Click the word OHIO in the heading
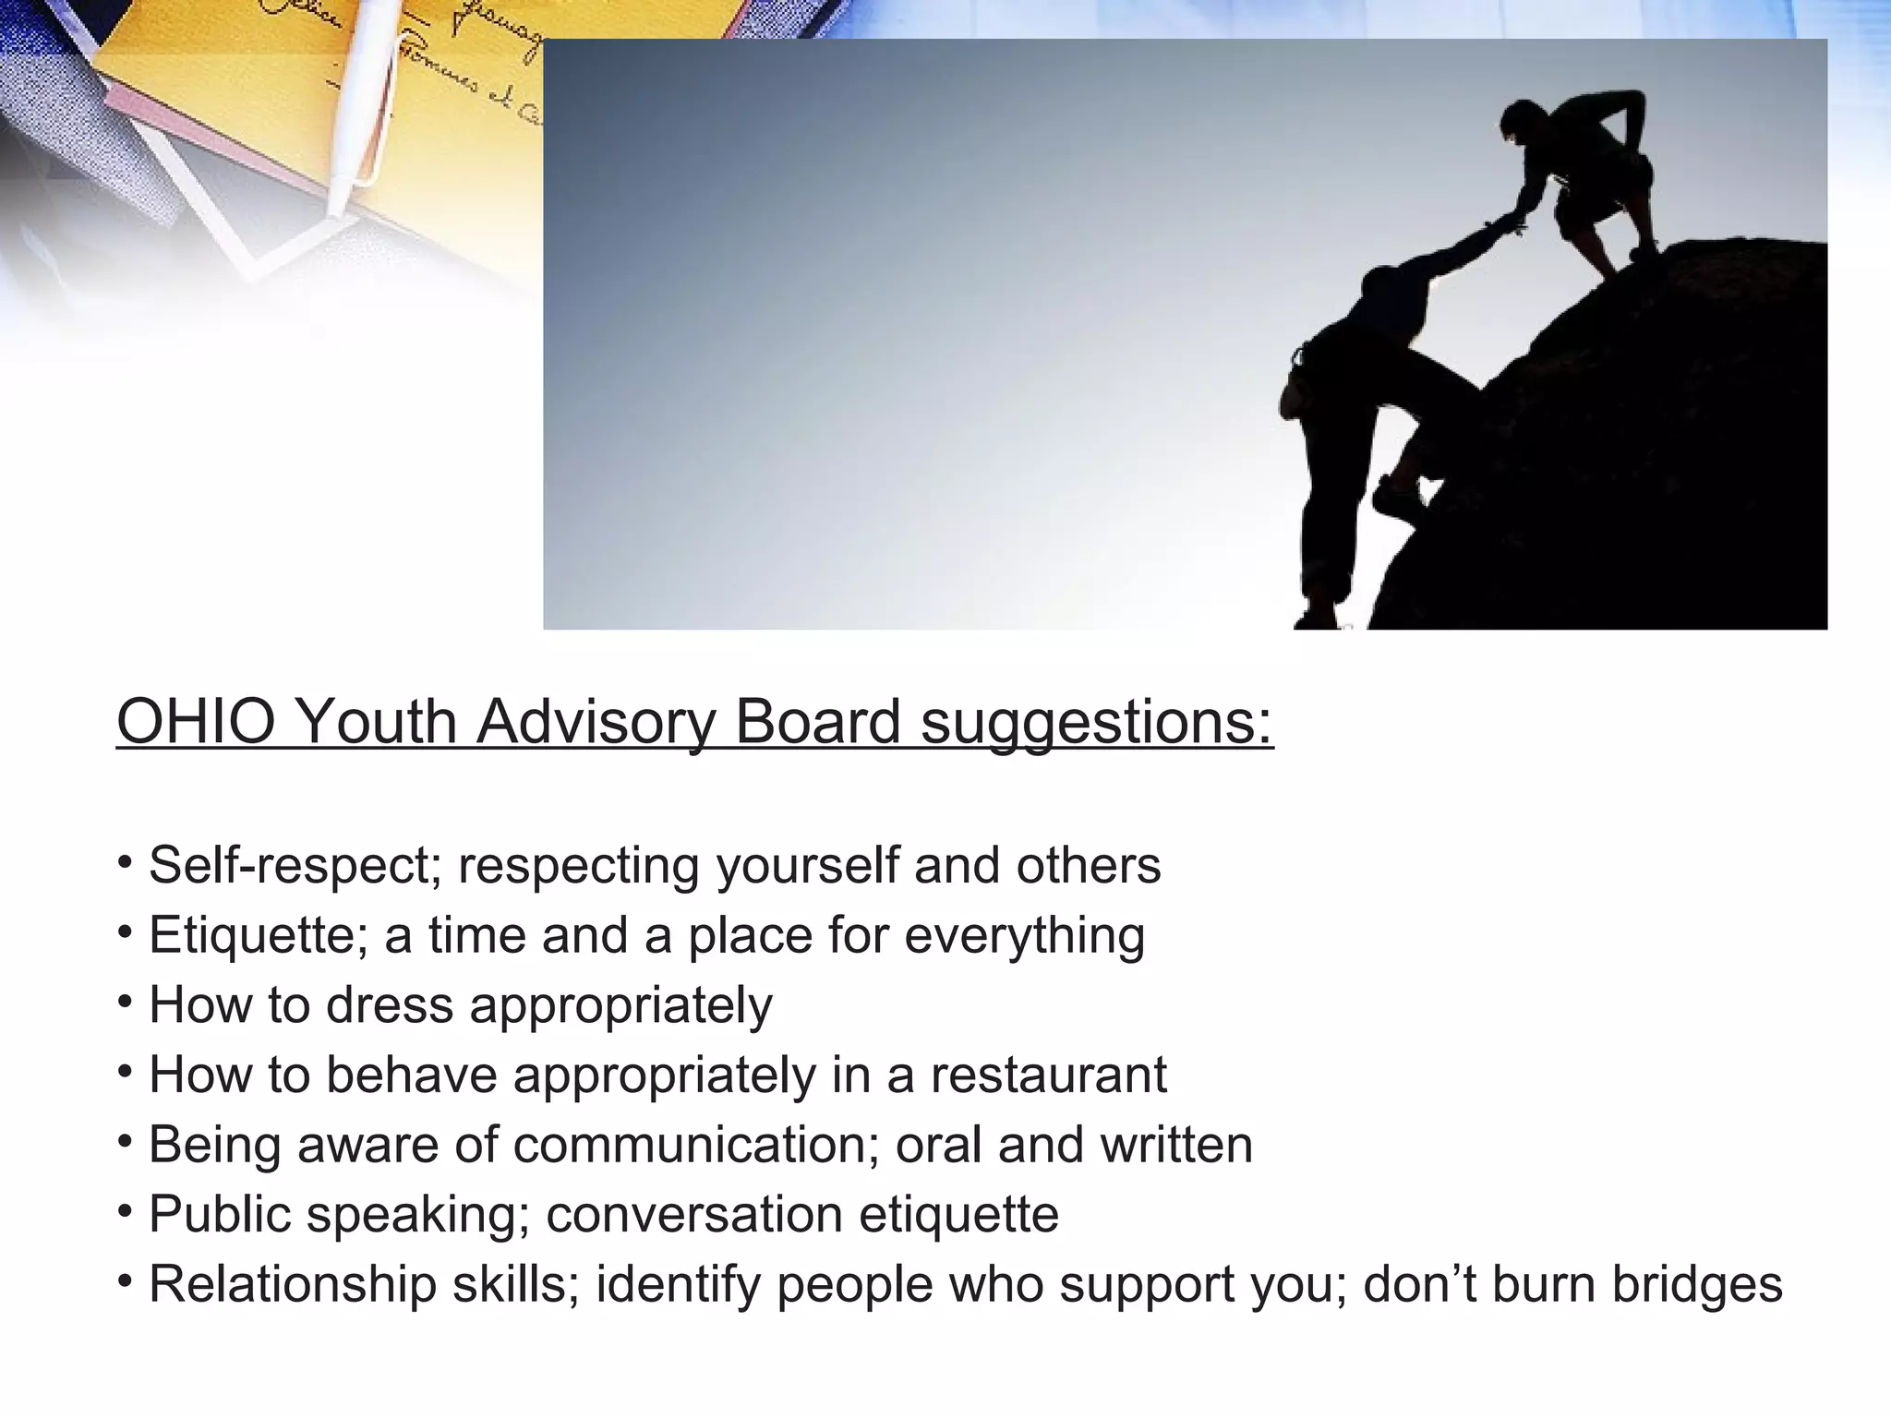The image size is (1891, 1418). pos(196,721)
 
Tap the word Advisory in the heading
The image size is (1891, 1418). pos(596,721)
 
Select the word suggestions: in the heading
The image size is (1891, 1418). pos(1097,723)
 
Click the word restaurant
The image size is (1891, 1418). pos(1048,1075)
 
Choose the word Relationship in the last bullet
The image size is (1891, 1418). pos(292,1284)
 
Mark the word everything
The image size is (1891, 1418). pos(1024,936)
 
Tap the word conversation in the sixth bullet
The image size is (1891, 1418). pos(693,1214)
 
